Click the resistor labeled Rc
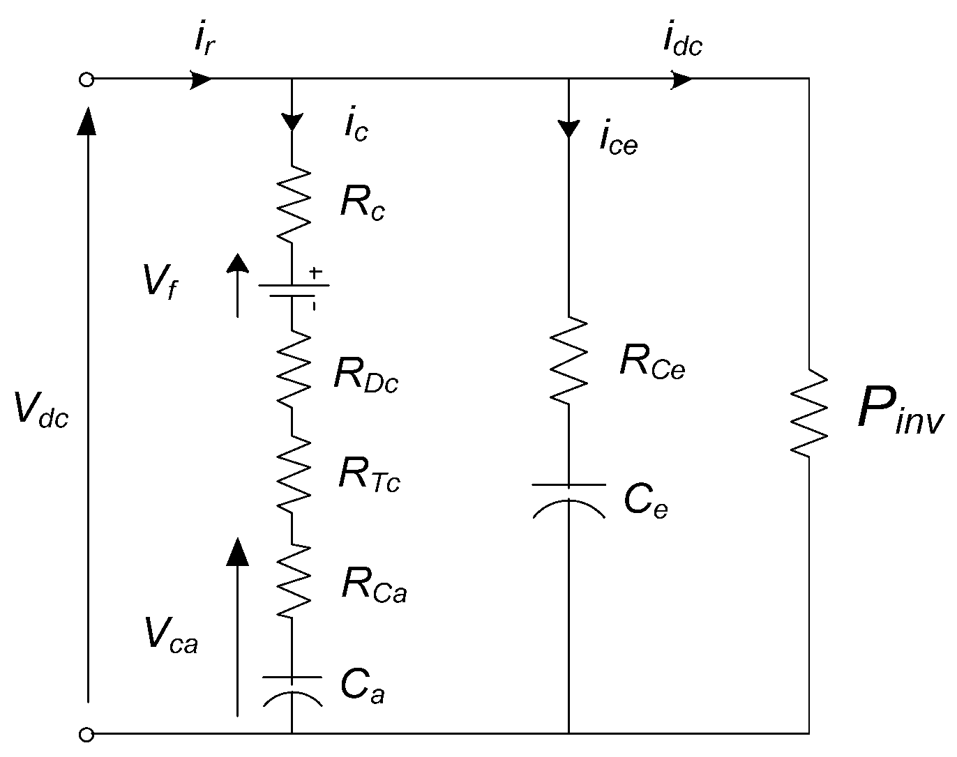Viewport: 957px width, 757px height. point(292,203)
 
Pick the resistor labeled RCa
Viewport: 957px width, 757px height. point(292,580)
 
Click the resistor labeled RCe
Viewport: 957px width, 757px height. point(569,359)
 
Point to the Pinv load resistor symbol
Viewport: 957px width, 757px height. point(809,413)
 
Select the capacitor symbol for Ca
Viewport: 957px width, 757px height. point(292,689)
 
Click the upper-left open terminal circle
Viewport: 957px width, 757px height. point(86,79)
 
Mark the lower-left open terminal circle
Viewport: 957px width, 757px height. point(86,734)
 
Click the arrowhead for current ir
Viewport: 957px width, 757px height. point(202,79)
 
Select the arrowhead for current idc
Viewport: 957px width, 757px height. point(682,79)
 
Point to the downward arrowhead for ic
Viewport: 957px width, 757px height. point(292,121)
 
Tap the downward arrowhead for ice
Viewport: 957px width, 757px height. point(569,128)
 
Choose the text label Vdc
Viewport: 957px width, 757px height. point(41,410)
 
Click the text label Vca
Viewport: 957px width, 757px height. point(172,636)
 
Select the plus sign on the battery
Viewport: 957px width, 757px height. point(316,273)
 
